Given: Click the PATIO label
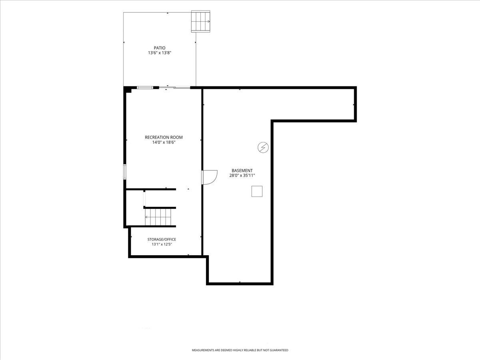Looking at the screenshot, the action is (160, 48).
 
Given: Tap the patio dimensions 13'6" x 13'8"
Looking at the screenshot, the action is (160, 53).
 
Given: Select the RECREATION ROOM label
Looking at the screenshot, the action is (164, 137).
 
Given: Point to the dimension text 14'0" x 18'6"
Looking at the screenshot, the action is (164, 142).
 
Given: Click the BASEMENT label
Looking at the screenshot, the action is (242, 170).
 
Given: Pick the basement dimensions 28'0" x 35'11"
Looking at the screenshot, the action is (242, 176).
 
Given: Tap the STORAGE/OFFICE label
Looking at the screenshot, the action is (162, 239).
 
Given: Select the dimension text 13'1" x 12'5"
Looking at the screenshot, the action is (162, 244).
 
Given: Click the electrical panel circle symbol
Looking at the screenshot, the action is (263, 147).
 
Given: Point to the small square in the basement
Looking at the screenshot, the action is (257, 191).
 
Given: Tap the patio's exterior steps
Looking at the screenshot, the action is (200, 22).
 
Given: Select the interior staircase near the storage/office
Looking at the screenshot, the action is (158, 217).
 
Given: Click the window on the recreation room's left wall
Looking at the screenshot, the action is (125, 172).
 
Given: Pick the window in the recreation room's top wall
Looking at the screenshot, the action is (145, 88).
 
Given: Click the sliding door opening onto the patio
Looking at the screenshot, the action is (174, 88).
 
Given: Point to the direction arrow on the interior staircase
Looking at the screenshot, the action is (146, 217).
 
